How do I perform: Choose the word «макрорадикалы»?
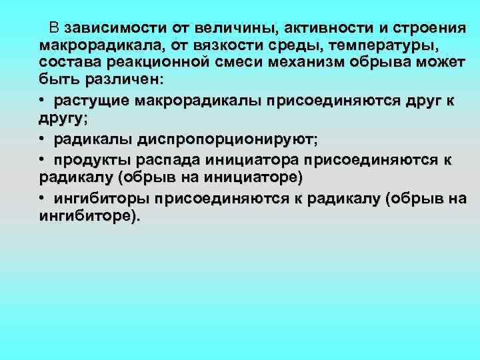pos(199,101)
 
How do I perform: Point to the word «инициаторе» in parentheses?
pos(257,178)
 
